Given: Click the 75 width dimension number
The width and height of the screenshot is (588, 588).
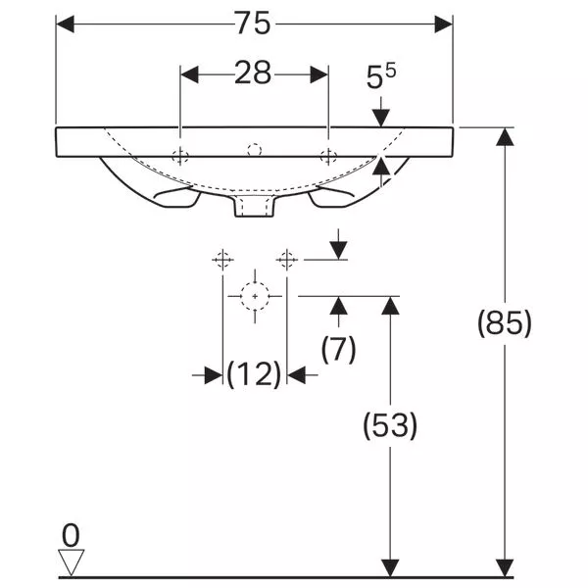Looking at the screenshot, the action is pos(253,24).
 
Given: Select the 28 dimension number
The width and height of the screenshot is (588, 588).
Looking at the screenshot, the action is pos(253,73).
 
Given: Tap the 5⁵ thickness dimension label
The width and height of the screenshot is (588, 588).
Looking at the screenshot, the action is pos(380,76).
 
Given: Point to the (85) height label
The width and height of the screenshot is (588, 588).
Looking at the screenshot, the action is pos(505,323).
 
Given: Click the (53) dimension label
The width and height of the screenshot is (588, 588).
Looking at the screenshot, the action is pos(390,425).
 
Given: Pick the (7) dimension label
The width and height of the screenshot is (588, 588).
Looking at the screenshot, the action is pos(339,349).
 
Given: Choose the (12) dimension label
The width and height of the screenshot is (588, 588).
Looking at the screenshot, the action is pos(254,374).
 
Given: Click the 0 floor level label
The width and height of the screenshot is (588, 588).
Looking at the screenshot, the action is pos(71,535).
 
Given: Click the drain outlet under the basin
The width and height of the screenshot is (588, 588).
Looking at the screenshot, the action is pos(255,206).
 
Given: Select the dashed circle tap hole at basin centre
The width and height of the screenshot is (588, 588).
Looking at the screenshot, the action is pos(254,150).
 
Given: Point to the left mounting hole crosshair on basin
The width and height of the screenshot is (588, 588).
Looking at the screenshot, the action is pos(180,156).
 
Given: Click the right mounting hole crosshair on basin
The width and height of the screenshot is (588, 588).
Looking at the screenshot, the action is pos(328,156).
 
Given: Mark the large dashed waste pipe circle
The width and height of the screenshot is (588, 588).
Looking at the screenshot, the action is pos(255,296).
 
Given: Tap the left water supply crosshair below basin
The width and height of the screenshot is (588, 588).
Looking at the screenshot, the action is pos(222,260).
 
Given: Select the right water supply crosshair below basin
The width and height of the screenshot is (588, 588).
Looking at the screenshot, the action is pos(287,260).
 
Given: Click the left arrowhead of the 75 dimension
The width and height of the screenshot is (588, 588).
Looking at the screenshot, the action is pos(66,24).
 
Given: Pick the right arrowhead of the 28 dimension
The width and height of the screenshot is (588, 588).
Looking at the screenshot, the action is pos(319,74).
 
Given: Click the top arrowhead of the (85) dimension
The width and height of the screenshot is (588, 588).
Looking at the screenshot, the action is pos(505,136).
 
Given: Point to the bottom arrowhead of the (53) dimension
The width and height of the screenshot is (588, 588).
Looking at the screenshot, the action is pos(390,567).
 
